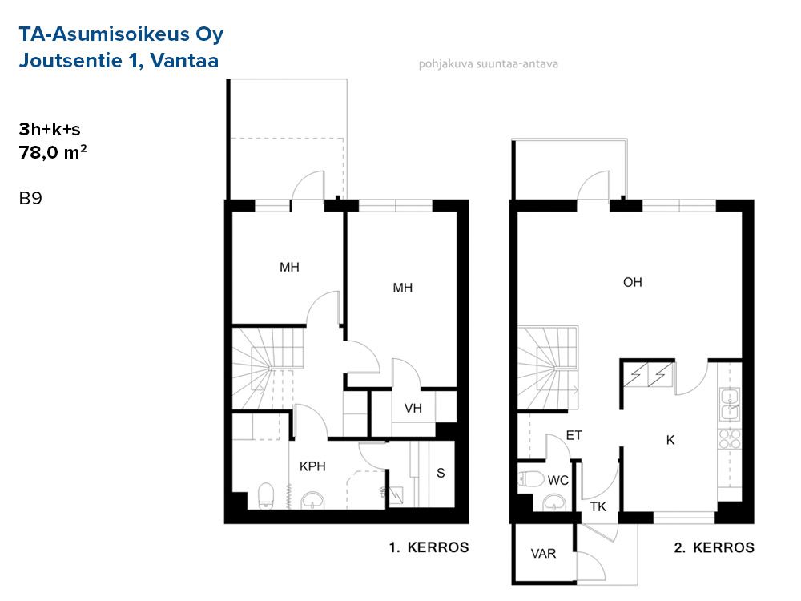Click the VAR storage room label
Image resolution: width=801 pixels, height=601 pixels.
point(543,554)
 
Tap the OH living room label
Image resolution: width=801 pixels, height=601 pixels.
point(633,282)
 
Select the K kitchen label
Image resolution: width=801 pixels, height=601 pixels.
point(670,439)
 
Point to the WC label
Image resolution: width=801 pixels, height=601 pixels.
point(557,480)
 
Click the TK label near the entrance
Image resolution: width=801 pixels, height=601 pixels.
point(598,507)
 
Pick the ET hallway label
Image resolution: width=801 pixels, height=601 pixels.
point(574,435)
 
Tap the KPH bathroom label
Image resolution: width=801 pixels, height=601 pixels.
point(312,466)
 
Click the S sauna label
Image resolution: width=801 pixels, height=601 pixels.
point(441,473)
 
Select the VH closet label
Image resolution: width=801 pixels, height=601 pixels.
point(413,409)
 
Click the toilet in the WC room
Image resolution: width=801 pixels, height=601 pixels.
point(531,479)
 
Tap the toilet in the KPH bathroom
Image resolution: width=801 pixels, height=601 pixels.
point(266,496)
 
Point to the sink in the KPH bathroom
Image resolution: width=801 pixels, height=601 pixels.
point(312,500)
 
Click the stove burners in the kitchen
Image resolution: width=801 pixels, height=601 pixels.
point(730,439)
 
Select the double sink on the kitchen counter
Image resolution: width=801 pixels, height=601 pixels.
point(730,404)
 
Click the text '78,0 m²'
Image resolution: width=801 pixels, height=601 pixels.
point(53,152)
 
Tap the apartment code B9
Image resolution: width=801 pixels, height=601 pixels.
point(30,198)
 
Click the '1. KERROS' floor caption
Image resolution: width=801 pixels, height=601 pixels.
point(429,547)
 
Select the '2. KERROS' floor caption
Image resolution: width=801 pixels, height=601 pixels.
point(714,547)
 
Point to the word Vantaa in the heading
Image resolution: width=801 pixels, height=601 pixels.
point(184,60)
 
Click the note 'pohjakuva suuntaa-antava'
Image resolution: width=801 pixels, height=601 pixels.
point(489,64)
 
